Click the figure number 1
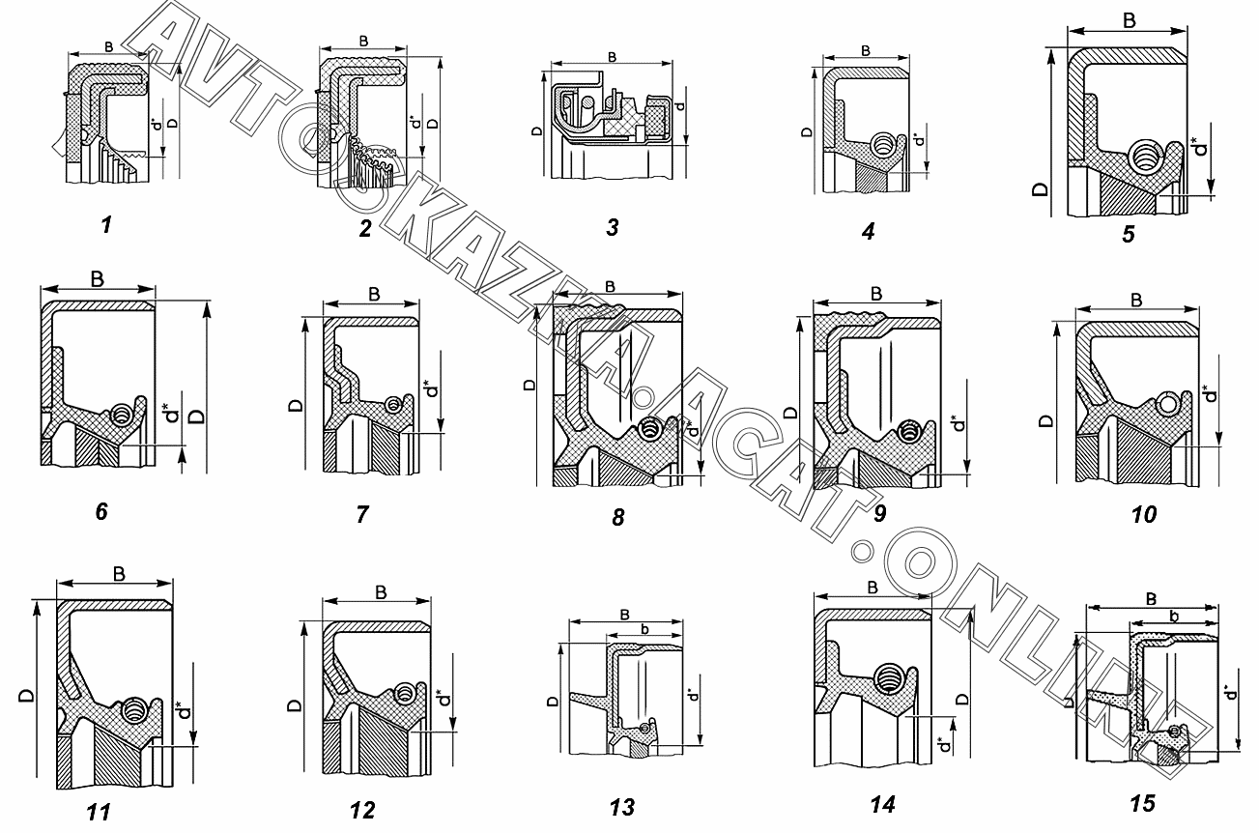[x=106, y=225]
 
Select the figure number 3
[x=613, y=228]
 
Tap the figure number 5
[x=1128, y=233]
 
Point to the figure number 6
[x=101, y=511]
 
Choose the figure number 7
[x=362, y=513]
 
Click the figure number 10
[x=1143, y=514]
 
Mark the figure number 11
[x=98, y=812]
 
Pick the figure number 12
[x=362, y=809]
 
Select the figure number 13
[x=623, y=808]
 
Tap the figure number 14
[x=882, y=805]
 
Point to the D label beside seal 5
[x=1041, y=187]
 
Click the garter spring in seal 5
[x=1147, y=154]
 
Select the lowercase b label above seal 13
[x=644, y=629]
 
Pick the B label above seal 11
[x=119, y=574]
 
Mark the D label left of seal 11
[x=23, y=695]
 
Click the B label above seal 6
[x=99, y=279]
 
